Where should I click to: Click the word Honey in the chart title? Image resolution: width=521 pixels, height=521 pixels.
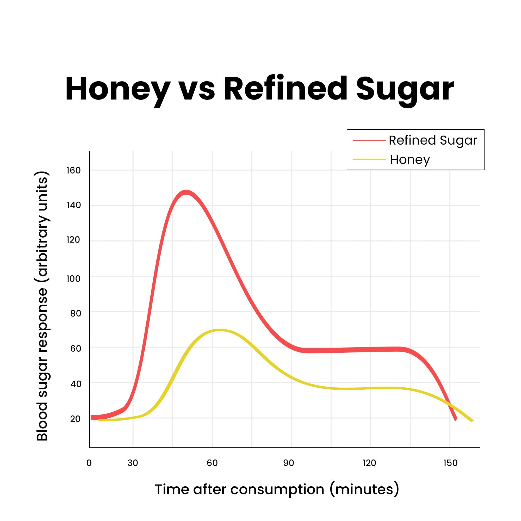click(117, 89)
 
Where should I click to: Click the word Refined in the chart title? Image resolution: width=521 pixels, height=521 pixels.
click(285, 89)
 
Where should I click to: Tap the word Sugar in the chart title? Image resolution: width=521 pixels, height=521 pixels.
click(405, 89)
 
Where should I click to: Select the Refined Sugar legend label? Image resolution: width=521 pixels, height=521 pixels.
click(433, 140)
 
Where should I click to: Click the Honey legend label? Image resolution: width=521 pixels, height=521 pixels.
click(410, 160)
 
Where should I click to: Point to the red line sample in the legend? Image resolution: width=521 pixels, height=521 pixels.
click(369, 140)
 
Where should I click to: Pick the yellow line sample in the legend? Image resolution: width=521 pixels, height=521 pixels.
click(369, 159)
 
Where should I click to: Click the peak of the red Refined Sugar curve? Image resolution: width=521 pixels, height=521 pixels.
click(186, 193)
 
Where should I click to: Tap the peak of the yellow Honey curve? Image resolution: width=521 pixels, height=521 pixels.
click(220, 330)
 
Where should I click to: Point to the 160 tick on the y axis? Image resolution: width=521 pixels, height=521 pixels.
click(73, 170)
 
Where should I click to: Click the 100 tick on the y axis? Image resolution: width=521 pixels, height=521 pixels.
click(73, 278)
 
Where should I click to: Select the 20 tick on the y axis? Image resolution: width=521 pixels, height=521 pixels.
click(75, 419)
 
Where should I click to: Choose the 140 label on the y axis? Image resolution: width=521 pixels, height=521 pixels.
click(73, 205)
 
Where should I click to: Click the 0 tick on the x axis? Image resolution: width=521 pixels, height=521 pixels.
click(89, 463)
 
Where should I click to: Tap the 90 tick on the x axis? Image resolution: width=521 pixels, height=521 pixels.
click(288, 463)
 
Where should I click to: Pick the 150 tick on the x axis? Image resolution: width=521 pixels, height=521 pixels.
click(450, 463)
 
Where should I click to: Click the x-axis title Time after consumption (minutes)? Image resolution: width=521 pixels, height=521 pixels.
click(277, 489)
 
